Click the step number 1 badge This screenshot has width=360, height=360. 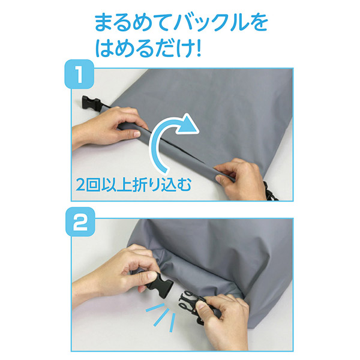[79, 74]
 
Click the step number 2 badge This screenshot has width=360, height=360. [80, 222]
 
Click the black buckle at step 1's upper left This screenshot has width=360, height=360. [91, 104]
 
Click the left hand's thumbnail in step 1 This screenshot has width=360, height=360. [137, 134]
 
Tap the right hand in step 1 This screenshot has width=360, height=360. [239, 179]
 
